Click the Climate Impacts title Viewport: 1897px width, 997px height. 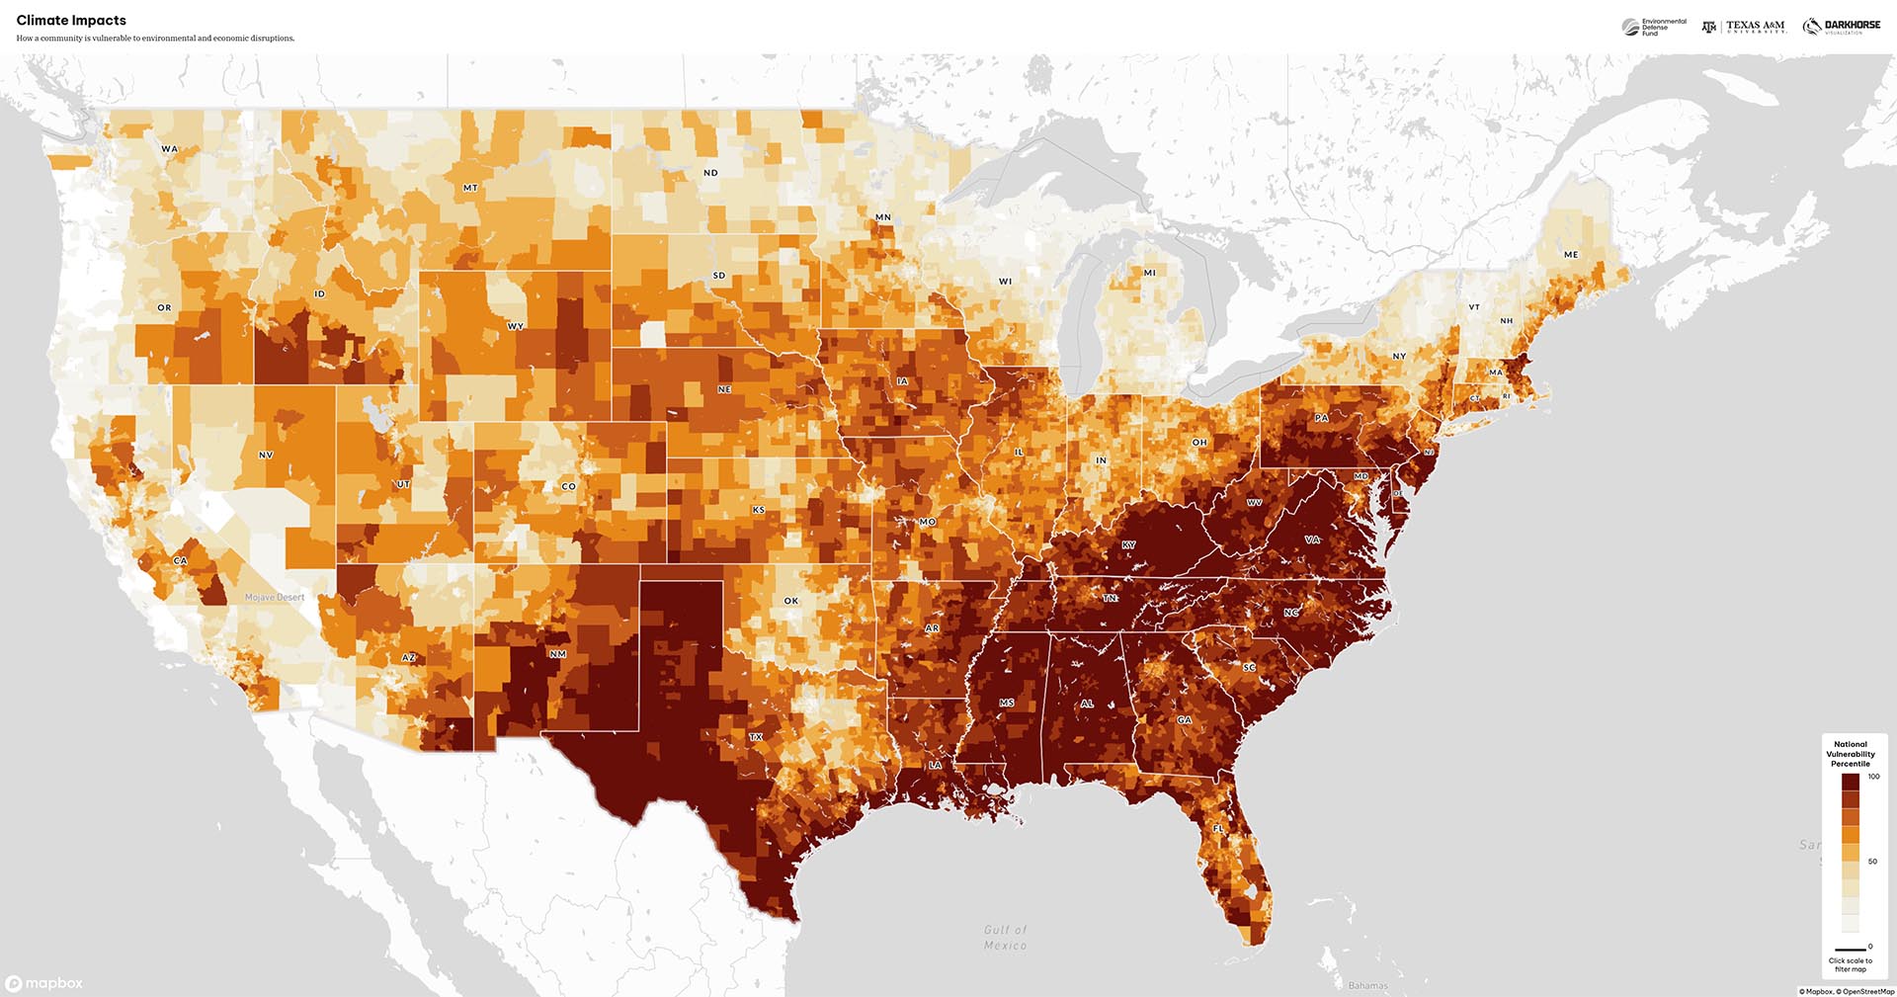point(71,20)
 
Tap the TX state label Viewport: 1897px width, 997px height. point(756,737)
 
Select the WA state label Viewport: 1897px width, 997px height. point(170,149)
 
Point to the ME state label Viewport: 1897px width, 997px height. point(1571,255)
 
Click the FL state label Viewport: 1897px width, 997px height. point(1218,828)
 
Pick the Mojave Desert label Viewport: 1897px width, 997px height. point(275,597)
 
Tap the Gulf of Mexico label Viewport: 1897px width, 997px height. point(1005,938)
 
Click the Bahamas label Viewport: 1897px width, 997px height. point(1367,985)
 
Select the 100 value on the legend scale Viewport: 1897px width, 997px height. point(1873,777)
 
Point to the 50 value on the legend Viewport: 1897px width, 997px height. point(1872,862)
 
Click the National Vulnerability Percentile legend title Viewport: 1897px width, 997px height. point(1850,754)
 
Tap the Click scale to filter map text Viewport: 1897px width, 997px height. point(1850,964)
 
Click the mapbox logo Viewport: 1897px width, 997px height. point(44,983)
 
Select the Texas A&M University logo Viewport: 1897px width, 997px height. point(1744,27)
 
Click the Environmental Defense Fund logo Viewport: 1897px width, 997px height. point(1654,27)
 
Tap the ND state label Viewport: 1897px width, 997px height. point(710,173)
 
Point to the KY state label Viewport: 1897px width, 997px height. point(1128,545)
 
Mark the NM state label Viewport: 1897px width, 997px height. point(558,654)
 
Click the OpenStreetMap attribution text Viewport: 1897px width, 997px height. point(1867,991)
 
